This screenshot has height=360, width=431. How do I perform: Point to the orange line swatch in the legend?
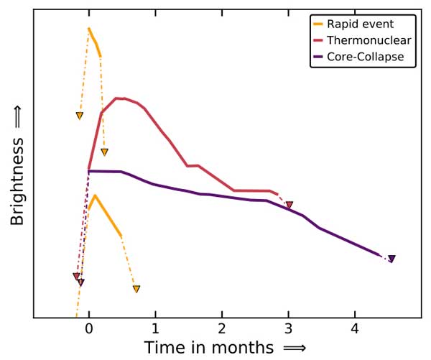[x=319, y=24]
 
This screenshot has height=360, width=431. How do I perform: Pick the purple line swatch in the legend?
[x=319, y=56]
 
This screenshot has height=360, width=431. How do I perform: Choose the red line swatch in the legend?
[x=319, y=40]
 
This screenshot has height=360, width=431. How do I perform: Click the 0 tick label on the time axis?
[x=88, y=328]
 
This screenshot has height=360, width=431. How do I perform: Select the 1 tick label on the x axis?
[x=155, y=328]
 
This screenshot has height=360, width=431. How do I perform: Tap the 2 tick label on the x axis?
[x=221, y=328]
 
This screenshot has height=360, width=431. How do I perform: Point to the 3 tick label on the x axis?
[x=288, y=328]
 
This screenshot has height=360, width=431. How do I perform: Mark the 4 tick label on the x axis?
[x=354, y=328]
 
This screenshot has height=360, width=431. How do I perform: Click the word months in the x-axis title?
[x=244, y=349]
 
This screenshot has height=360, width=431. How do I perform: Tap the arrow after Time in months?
[x=295, y=349]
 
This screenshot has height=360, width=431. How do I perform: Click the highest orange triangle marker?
[x=80, y=116]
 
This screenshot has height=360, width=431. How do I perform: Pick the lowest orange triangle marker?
[x=136, y=289]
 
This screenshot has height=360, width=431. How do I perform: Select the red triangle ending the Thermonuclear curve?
[x=289, y=206]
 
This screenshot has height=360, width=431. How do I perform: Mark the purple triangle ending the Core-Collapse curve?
[x=391, y=259]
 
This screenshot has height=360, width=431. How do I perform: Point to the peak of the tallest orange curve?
[x=88, y=29]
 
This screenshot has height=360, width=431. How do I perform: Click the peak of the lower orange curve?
[x=94, y=195]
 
